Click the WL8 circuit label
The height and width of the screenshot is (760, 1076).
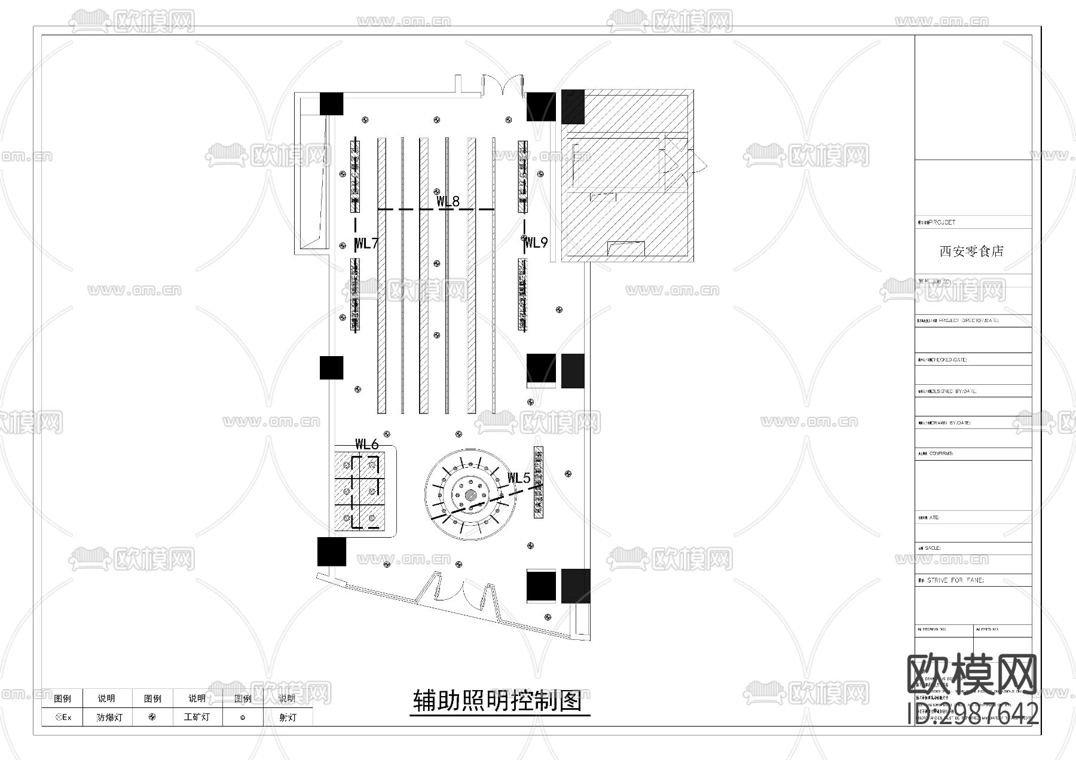pos(448,201)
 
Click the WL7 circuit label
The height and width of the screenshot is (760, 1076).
pos(366,243)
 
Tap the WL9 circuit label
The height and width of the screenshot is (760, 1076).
pos(536,243)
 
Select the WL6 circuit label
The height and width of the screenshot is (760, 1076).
pos(366,444)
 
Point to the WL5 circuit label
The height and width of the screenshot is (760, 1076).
pos(518,478)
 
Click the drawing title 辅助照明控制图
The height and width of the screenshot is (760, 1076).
pos(498,701)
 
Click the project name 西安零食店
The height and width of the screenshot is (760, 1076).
pos(971,252)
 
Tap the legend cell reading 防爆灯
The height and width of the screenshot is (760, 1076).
pos(109,718)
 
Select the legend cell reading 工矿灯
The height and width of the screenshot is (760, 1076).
pos(197,718)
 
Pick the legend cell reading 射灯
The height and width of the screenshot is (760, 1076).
pos(288,718)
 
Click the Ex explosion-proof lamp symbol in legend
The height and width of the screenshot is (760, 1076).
pos(63,718)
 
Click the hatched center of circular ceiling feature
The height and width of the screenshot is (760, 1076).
pos(471,495)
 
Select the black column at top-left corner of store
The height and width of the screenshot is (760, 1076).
pos(331,104)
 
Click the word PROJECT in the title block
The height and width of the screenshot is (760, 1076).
pos(942,222)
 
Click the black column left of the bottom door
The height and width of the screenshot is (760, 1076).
pos(331,551)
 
